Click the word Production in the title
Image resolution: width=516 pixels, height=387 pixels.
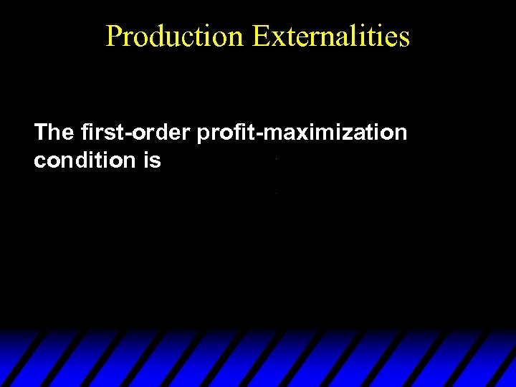[x=174, y=36]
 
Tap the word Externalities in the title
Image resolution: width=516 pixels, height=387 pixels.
[x=330, y=36]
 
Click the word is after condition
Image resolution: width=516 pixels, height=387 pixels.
[x=152, y=161]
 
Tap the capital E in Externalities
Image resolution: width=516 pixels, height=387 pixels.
[x=261, y=36]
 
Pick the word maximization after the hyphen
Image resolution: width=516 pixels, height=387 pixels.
[x=336, y=133]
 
